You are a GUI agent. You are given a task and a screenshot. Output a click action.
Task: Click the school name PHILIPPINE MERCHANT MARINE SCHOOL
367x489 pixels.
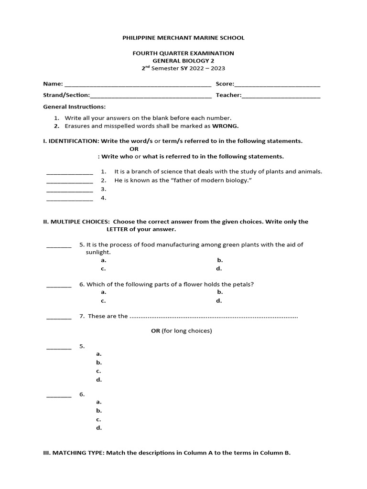pyautogui.click(x=183, y=38)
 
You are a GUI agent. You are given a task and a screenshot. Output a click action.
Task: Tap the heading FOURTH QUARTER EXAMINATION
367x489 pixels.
pyautogui.click(x=183, y=53)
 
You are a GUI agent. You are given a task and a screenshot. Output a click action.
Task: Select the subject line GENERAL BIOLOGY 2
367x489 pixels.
pyautogui.click(x=183, y=61)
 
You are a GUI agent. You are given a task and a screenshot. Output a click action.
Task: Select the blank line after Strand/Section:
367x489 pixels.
pyautogui.click(x=151, y=96)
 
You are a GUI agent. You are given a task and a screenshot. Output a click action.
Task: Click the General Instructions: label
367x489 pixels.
pyautogui.click(x=75, y=106)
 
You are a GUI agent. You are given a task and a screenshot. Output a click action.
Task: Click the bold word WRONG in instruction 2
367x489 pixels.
pyautogui.click(x=225, y=126)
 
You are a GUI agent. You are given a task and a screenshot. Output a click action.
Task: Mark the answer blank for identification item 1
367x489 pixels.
pyautogui.click(x=70, y=172)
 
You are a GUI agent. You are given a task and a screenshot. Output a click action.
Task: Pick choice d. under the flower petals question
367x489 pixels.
pyautogui.click(x=219, y=301)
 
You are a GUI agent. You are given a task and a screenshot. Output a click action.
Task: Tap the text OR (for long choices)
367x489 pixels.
pyautogui.click(x=182, y=331)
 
